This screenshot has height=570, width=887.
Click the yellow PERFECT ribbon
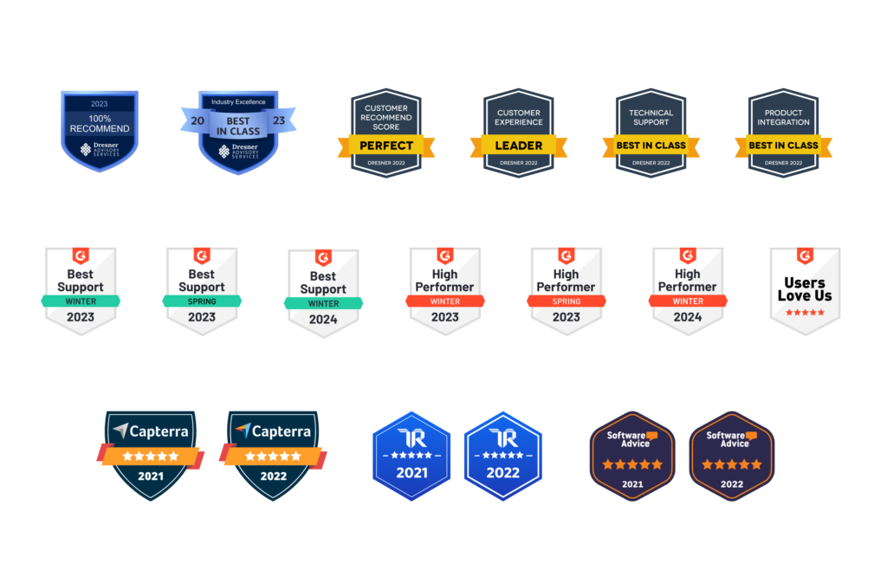pyautogui.click(x=386, y=146)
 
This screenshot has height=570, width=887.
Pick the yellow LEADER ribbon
pyautogui.click(x=518, y=146)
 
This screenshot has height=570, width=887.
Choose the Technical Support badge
pyautogui.click(x=651, y=133)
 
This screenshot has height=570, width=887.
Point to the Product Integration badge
pyautogui.click(x=783, y=133)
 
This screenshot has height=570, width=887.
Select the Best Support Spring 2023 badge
pyautogui.click(x=202, y=291)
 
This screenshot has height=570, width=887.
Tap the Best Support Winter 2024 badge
pyautogui.click(x=323, y=293)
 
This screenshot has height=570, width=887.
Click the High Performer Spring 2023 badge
pyautogui.click(x=566, y=291)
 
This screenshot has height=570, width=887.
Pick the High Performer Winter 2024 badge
pyautogui.click(x=687, y=291)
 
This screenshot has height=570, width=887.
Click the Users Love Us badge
pyautogui.click(x=805, y=291)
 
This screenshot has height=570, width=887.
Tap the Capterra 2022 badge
pyautogui.click(x=273, y=455)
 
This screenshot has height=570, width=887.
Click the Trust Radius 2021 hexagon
pyautogui.click(x=411, y=456)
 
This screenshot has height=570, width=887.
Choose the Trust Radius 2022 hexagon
pyautogui.click(x=502, y=456)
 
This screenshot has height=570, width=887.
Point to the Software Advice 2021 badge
pyautogui.click(x=632, y=456)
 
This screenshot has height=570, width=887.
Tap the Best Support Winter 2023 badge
pyautogui.click(x=81, y=291)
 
